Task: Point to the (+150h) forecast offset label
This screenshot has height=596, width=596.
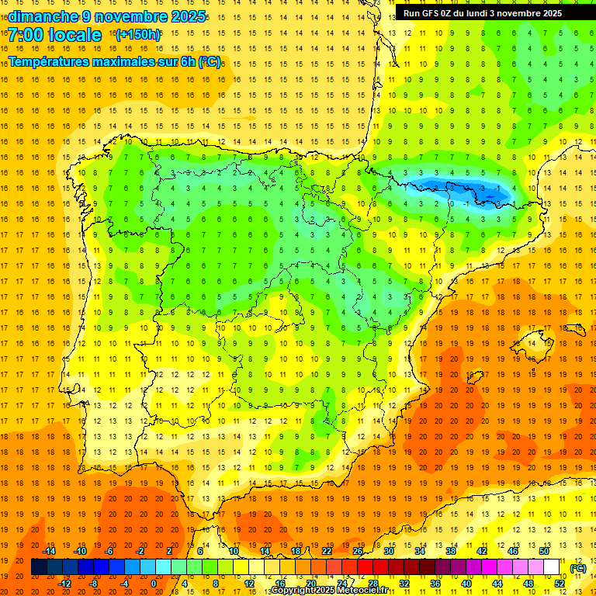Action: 138,35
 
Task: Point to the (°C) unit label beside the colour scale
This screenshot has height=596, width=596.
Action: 577,568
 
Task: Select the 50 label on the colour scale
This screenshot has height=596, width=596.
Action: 543,551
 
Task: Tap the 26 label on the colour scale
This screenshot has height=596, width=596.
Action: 358,551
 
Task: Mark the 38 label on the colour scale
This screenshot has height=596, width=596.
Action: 450,551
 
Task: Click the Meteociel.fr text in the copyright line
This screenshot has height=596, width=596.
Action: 366,591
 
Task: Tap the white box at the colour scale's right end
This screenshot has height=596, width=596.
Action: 552,567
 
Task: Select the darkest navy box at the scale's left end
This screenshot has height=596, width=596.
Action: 39,567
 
